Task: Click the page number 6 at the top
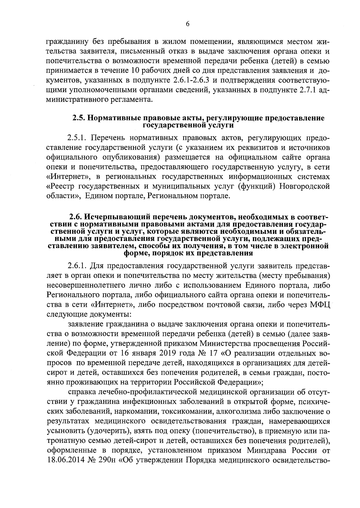click(187, 25)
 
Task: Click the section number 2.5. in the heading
click(79, 118)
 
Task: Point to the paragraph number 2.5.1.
click(77, 138)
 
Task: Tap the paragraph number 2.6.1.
click(77, 266)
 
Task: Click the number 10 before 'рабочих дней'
click(136, 71)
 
